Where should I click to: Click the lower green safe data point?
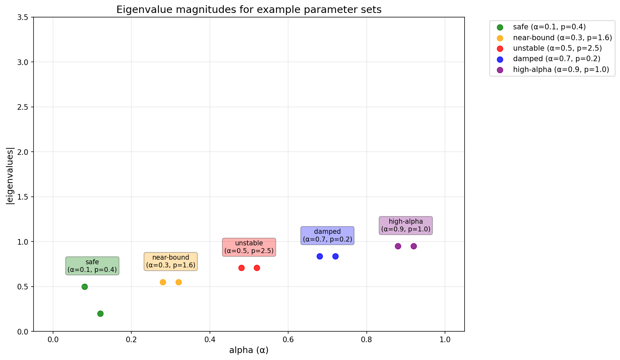(100, 314)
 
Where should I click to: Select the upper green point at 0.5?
(85, 287)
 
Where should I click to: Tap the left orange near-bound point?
(163, 282)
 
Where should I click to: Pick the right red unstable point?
(257, 268)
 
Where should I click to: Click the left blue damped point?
(320, 256)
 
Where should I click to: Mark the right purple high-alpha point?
(414, 246)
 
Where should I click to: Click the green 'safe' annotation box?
(92, 266)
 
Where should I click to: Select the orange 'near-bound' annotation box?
(171, 261)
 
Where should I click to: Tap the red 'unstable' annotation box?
(249, 247)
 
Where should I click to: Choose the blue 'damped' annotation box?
(327, 235)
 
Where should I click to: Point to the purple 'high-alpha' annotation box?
(406, 225)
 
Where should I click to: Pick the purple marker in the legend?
(500, 70)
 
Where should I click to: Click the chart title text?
(249, 9)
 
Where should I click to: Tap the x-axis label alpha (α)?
(249, 350)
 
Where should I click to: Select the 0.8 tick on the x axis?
(366, 339)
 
